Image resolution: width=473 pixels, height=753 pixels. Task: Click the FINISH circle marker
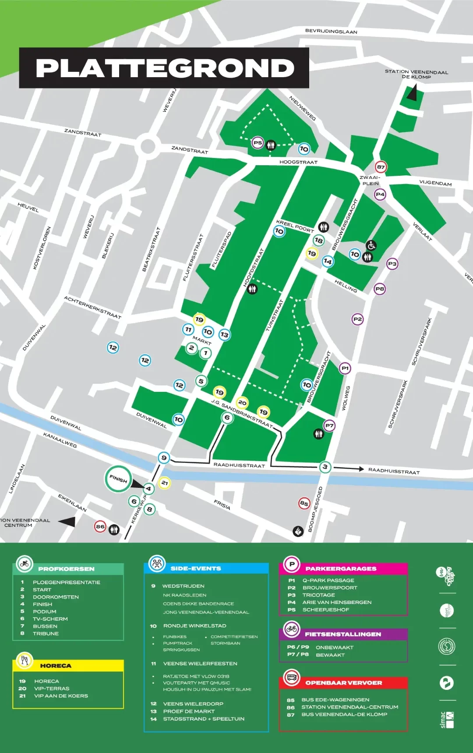[x=118, y=479]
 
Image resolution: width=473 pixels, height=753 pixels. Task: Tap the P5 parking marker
[x=258, y=142]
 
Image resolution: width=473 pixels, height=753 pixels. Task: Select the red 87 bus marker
[x=381, y=167]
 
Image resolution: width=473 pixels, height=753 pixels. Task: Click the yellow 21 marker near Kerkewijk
[x=164, y=483]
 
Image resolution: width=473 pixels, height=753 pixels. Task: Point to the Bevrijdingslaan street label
[x=331, y=31]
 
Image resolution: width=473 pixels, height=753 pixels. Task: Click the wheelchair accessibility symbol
[x=371, y=245]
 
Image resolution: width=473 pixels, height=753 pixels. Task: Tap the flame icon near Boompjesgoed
[x=298, y=531]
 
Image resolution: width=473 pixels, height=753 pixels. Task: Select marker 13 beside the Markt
[x=224, y=334]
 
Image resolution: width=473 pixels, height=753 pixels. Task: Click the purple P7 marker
[x=329, y=425]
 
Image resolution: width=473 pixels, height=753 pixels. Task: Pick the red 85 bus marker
[x=304, y=503]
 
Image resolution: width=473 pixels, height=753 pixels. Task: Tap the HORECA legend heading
[x=56, y=665]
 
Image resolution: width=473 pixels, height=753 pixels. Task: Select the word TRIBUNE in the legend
[x=46, y=633]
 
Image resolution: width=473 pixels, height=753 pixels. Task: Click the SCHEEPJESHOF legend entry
[x=326, y=610]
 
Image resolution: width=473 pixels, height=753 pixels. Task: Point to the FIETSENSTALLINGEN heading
[x=343, y=634]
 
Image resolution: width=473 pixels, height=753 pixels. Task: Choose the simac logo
[x=447, y=720]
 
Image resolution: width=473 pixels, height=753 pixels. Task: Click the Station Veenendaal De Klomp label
[x=416, y=74]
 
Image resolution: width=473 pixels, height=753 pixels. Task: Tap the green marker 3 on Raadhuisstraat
[x=325, y=467]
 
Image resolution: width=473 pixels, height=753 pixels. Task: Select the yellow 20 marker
[x=242, y=402]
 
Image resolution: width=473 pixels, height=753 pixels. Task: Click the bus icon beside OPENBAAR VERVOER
[x=291, y=677]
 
